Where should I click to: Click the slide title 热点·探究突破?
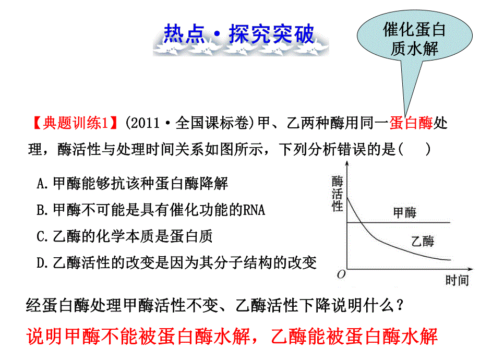[239, 34]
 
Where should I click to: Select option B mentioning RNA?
[151, 209]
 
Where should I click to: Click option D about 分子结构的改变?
[177, 262]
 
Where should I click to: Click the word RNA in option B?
[254, 209]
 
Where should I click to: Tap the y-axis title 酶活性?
[338, 194]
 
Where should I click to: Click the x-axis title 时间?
[457, 280]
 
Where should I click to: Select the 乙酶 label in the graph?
[422, 241]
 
